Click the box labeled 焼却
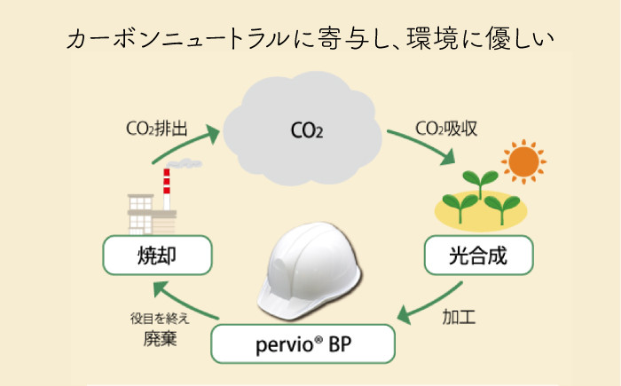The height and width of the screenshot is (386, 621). pyautogui.click(x=158, y=257)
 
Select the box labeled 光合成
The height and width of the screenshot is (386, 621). pyautogui.click(x=479, y=257)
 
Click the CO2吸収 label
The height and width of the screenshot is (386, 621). pyautogui.click(x=447, y=128)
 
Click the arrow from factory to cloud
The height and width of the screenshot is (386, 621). pyautogui.click(x=186, y=146)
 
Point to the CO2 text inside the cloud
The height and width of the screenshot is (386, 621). pyautogui.click(x=307, y=133)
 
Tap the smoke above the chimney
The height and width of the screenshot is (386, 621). pyautogui.click(x=186, y=165)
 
